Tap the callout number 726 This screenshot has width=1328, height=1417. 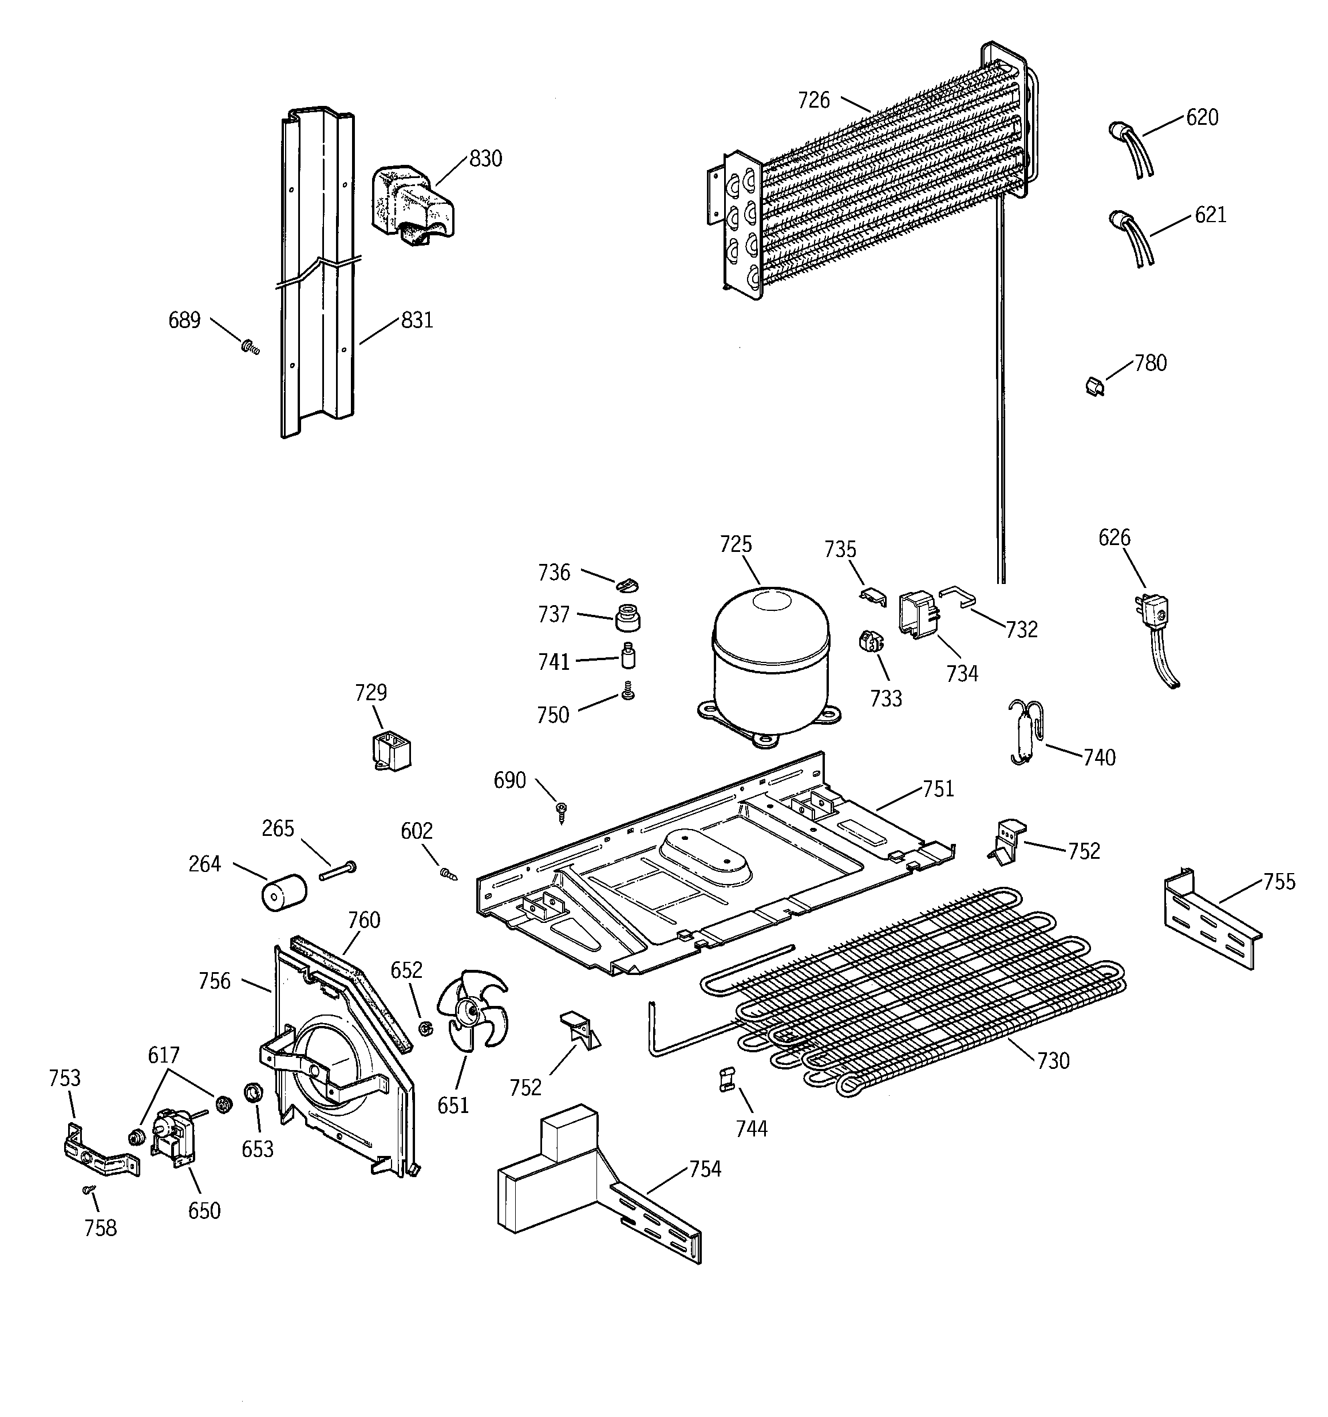coord(813,101)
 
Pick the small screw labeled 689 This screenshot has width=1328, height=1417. coord(250,347)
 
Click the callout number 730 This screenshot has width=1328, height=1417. coord(1053,1061)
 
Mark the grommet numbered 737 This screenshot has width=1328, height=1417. coord(627,617)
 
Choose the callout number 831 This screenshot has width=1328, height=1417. coord(417,320)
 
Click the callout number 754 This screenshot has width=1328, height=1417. coord(704,1169)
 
